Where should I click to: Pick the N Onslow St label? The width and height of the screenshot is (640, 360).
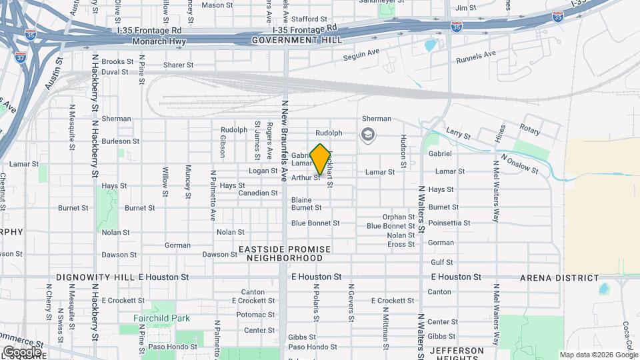pyautogui.click(x=519, y=165)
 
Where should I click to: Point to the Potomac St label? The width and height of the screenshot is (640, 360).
pyautogui.click(x=251, y=315)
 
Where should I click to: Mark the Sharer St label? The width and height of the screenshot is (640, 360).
pyautogui.click(x=178, y=65)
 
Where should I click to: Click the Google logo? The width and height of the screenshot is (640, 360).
pyautogui.click(x=22, y=351)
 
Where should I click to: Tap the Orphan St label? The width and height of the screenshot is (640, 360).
pyautogui.click(x=399, y=217)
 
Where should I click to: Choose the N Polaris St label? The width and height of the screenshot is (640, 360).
pyautogui.click(x=316, y=304)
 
